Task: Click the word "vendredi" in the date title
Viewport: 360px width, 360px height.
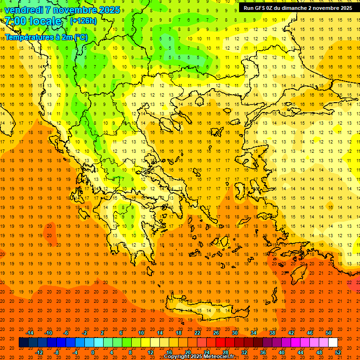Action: point(24,10)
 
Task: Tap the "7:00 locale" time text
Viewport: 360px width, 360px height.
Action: point(33,21)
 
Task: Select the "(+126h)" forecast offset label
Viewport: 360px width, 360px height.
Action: point(83,21)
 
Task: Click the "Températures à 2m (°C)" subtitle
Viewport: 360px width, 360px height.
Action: point(46,37)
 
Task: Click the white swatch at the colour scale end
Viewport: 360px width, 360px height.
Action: point(333,343)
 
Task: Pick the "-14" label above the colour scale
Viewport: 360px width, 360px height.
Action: point(30,333)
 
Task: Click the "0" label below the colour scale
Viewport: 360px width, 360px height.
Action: point(92,352)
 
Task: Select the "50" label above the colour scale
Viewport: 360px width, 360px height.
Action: point(329,333)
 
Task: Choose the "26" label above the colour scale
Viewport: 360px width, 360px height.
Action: point(216,333)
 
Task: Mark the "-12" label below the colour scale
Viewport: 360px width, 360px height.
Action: point(39,352)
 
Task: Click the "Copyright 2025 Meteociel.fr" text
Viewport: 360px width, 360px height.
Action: point(199,357)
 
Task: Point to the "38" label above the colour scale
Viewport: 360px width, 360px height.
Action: point(272,333)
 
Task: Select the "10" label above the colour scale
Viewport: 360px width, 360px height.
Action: point(141,333)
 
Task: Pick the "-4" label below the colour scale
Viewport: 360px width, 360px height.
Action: point(75,352)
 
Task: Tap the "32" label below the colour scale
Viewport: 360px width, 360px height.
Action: point(244,352)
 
